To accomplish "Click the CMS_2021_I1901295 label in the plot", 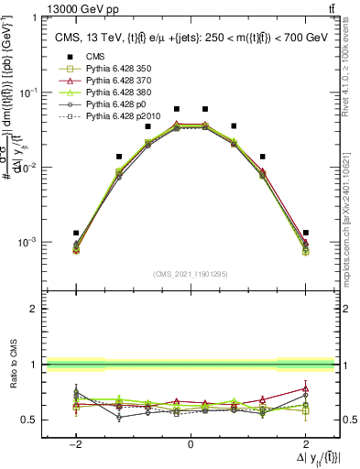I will (190, 274).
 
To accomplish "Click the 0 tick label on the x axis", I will (190, 444).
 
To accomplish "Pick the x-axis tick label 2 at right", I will (305, 444).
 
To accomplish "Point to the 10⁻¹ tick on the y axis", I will (28, 93).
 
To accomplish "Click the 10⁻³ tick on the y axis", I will (28, 243).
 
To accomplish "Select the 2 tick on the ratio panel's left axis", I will (35, 309).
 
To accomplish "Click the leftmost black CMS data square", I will (76, 233).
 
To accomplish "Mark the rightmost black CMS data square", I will (305, 233).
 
